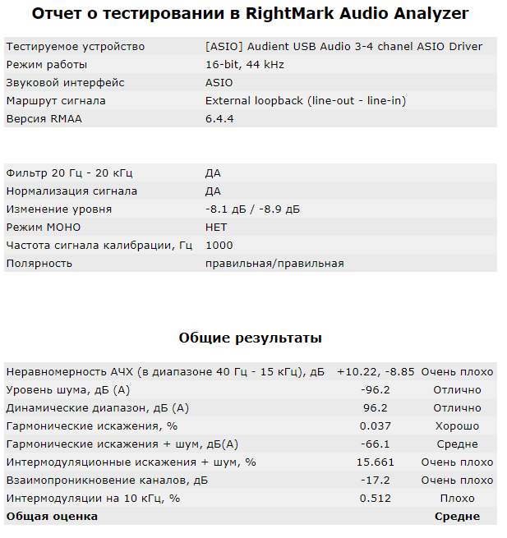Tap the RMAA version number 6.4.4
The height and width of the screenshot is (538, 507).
tap(219, 119)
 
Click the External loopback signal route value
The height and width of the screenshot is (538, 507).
tap(305, 101)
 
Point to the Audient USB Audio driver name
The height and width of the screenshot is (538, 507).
tap(343, 47)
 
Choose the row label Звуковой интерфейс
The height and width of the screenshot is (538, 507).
tap(65, 83)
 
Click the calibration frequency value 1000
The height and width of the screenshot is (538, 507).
tap(219, 246)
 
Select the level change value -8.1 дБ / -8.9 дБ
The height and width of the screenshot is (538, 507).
tap(252, 209)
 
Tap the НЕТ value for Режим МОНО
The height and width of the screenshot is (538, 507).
tap(216, 228)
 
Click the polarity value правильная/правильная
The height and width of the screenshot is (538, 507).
tap(274, 264)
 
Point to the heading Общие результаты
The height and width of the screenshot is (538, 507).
tap(251, 338)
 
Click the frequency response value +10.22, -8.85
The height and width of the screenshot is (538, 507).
tap(375, 372)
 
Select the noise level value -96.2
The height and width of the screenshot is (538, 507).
tap(375, 390)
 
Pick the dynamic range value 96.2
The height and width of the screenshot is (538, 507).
tap(375, 408)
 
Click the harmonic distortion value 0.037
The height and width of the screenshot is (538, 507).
tap(375, 426)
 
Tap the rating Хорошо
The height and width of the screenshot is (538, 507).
tap(457, 426)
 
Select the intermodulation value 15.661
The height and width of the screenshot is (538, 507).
tap(375, 462)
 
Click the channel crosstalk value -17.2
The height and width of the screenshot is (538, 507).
tap(375, 481)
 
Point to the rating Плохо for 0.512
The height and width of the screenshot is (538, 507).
tap(457, 499)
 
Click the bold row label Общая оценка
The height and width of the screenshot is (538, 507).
tap(52, 517)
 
